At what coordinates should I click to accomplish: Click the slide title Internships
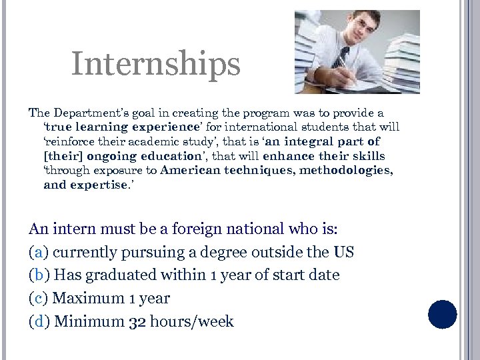(x=155, y=65)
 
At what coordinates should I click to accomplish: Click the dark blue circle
(x=442, y=315)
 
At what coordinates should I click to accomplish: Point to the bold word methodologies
(x=347, y=170)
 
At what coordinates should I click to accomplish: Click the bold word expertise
(x=97, y=185)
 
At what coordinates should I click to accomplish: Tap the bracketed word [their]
(x=61, y=156)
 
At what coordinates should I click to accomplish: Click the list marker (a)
(x=39, y=253)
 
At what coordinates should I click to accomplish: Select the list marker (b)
(x=39, y=275)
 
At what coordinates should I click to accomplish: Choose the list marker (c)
(x=39, y=299)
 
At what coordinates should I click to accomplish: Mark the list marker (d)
(x=39, y=322)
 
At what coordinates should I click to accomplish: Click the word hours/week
(x=192, y=322)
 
